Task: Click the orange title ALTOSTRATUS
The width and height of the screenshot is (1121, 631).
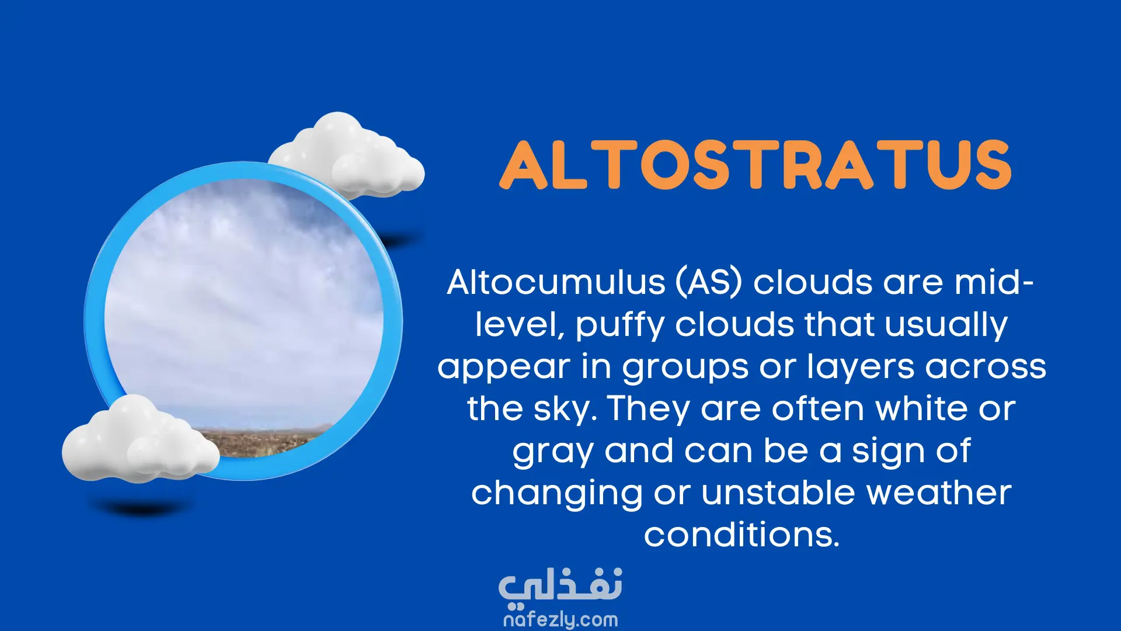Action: pos(756,165)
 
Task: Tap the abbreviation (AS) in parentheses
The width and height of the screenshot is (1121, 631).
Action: pos(709,283)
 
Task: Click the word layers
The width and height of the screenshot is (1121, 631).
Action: pos(861,367)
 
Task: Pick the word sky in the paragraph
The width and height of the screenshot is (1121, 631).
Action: pos(561,409)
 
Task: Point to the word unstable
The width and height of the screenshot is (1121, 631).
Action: pos(779,493)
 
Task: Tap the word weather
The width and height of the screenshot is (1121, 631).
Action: pos(939,493)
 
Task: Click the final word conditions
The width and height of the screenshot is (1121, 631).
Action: pos(741,535)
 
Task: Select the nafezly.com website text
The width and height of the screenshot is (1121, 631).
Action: pos(560,619)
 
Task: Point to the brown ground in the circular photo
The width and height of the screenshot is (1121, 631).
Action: pos(263,441)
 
